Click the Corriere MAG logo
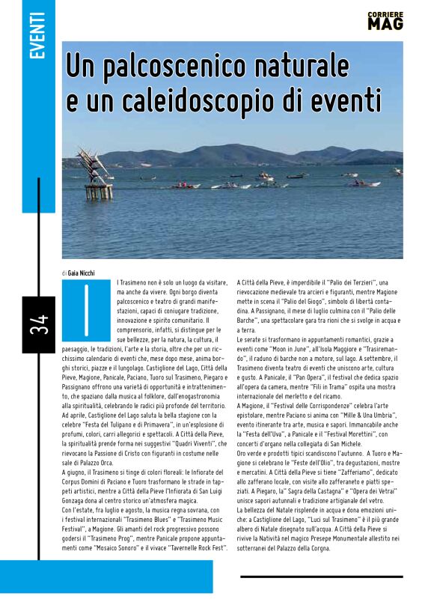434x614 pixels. pyautogui.click(x=385, y=20)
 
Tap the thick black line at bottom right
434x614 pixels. pyautogui.click(x=322, y=577)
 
